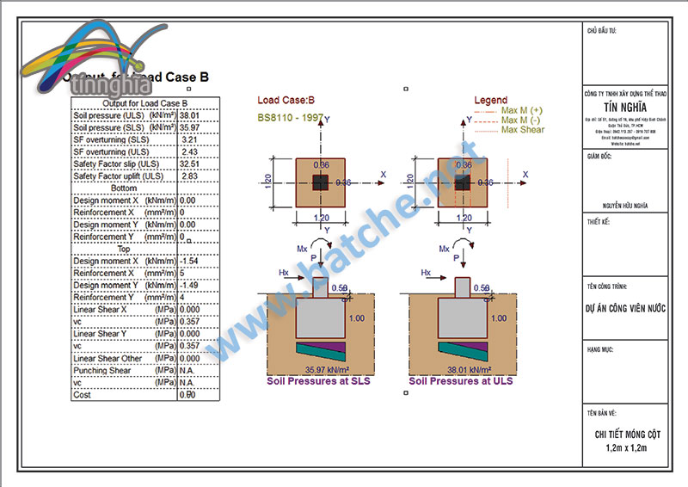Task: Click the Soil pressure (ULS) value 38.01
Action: (x=189, y=114)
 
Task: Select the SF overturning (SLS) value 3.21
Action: (x=190, y=139)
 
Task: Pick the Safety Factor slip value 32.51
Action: (x=189, y=163)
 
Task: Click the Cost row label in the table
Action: (x=83, y=395)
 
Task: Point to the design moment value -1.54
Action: (x=188, y=261)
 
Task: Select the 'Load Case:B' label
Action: (x=286, y=100)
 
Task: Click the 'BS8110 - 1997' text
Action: (x=290, y=118)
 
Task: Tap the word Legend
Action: (x=490, y=100)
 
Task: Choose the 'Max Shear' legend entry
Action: (x=523, y=130)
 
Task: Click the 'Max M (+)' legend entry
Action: (x=521, y=111)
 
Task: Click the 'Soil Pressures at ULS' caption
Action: (x=461, y=380)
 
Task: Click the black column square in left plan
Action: (x=319, y=182)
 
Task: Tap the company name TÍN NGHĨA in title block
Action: (x=625, y=107)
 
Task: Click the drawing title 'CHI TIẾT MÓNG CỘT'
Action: (x=625, y=435)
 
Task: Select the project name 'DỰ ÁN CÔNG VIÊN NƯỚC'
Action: (x=625, y=305)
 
